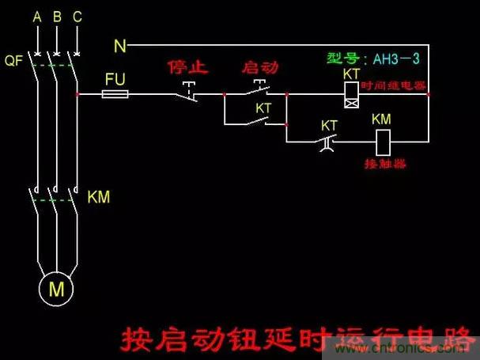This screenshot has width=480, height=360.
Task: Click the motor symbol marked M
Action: tap(56, 290)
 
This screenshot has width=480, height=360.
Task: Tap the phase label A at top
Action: tap(36, 17)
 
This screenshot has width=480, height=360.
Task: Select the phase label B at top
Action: tap(56, 17)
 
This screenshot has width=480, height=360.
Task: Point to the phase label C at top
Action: tap(76, 17)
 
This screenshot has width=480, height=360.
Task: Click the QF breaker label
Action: tap(13, 60)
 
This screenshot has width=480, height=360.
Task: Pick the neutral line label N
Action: tap(120, 47)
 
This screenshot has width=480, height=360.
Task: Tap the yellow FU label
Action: tap(117, 79)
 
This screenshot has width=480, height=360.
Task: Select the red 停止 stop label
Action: tap(188, 67)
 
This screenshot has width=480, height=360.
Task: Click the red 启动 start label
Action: tap(259, 68)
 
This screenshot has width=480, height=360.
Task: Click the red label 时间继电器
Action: tap(393, 85)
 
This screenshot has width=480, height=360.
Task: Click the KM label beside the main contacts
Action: tap(98, 196)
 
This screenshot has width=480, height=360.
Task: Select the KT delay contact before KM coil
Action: tap(328, 143)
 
